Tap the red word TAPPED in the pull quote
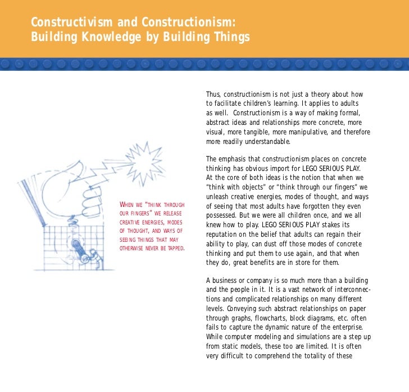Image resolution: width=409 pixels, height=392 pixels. click(174, 249)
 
